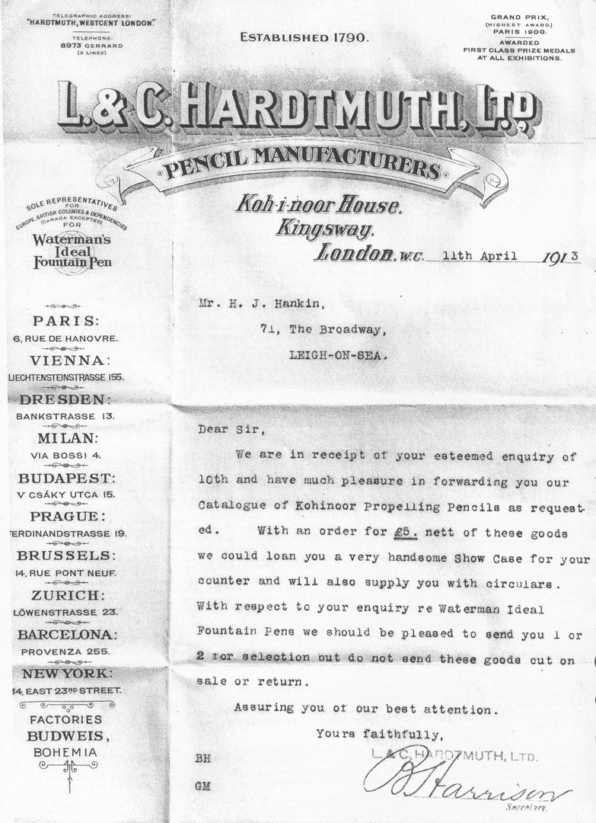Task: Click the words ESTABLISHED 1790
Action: [304, 37]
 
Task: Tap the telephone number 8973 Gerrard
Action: [97, 45]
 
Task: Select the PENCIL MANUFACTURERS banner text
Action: [303, 161]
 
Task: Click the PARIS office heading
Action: [65, 321]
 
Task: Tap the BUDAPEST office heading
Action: [67, 479]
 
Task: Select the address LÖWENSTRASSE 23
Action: [65, 612]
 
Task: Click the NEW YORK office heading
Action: [67, 674]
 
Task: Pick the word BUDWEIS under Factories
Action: [68, 735]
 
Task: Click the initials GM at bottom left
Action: [202, 786]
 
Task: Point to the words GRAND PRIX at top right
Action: [516, 17]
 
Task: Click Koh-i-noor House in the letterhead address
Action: [317, 203]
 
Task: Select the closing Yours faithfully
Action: [379, 735]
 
